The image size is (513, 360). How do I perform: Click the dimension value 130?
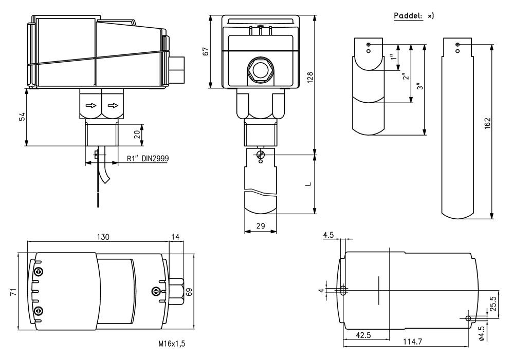[x=103, y=237]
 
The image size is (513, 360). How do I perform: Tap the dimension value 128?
[x=310, y=77]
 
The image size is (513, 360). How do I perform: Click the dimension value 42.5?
[x=363, y=335]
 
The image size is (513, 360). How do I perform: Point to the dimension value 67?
[x=206, y=52]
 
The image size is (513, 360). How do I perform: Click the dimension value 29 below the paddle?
[x=260, y=225]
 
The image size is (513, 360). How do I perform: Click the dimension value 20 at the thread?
[x=137, y=134]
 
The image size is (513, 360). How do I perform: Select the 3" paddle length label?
[x=420, y=87]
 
